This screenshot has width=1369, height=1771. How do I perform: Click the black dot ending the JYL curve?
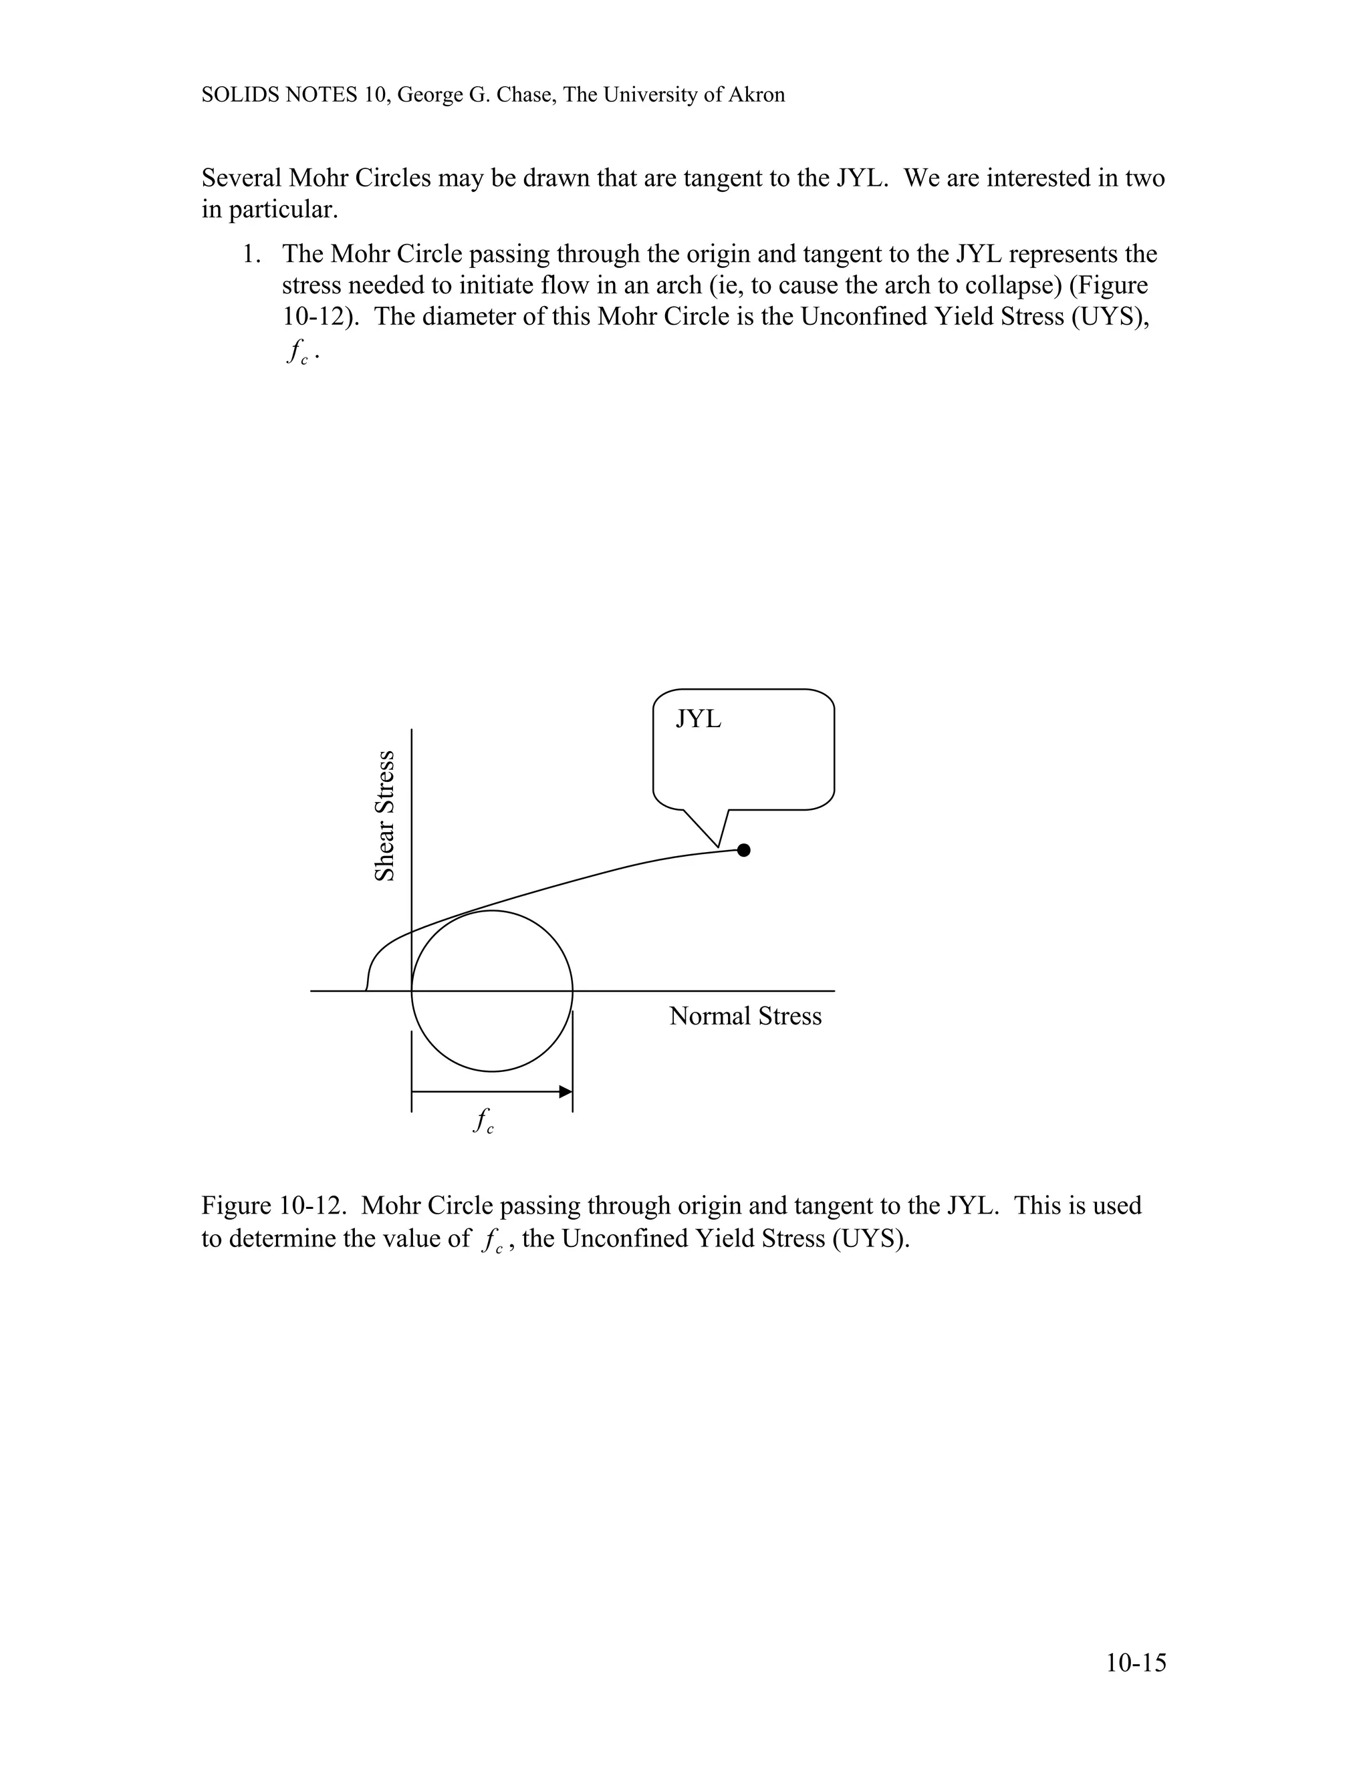click(744, 850)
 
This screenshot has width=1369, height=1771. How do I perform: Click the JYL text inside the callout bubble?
click(699, 719)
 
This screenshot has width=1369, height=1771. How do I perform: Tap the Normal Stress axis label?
click(745, 1016)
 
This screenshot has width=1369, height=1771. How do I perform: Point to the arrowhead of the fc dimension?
click(566, 1091)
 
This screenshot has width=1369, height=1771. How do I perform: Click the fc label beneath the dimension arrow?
click(483, 1121)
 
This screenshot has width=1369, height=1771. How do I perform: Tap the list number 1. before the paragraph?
click(251, 255)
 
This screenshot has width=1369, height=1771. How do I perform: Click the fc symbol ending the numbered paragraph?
click(298, 352)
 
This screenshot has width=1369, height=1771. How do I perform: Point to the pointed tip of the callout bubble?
click(719, 847)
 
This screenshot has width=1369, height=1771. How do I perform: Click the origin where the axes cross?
click(412, 991)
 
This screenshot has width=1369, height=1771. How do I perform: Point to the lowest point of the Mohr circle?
click(492, 1071)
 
